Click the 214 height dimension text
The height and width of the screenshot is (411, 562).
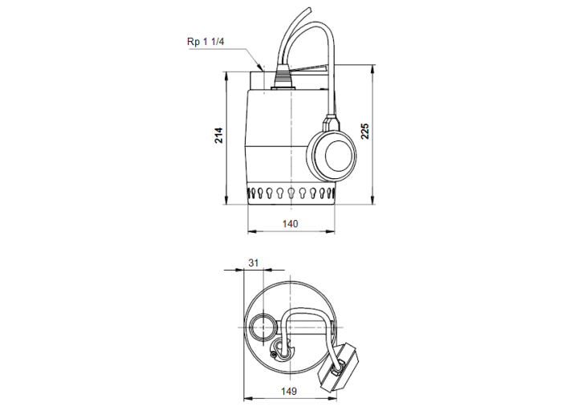(218, 135)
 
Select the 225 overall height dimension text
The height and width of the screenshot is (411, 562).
(366, 132)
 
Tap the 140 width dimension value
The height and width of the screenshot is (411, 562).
(290, 224)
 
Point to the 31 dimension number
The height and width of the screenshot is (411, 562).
(254, 262)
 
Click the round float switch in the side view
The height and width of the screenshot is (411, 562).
(331, 153)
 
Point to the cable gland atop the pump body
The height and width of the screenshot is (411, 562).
(283, 78)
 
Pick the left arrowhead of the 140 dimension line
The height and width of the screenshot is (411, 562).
(249, 232)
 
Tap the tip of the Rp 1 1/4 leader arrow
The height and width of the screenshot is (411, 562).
(262, 69)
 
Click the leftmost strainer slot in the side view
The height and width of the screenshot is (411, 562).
(250, 193)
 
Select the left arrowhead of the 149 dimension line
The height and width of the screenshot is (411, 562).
(245, 399)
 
